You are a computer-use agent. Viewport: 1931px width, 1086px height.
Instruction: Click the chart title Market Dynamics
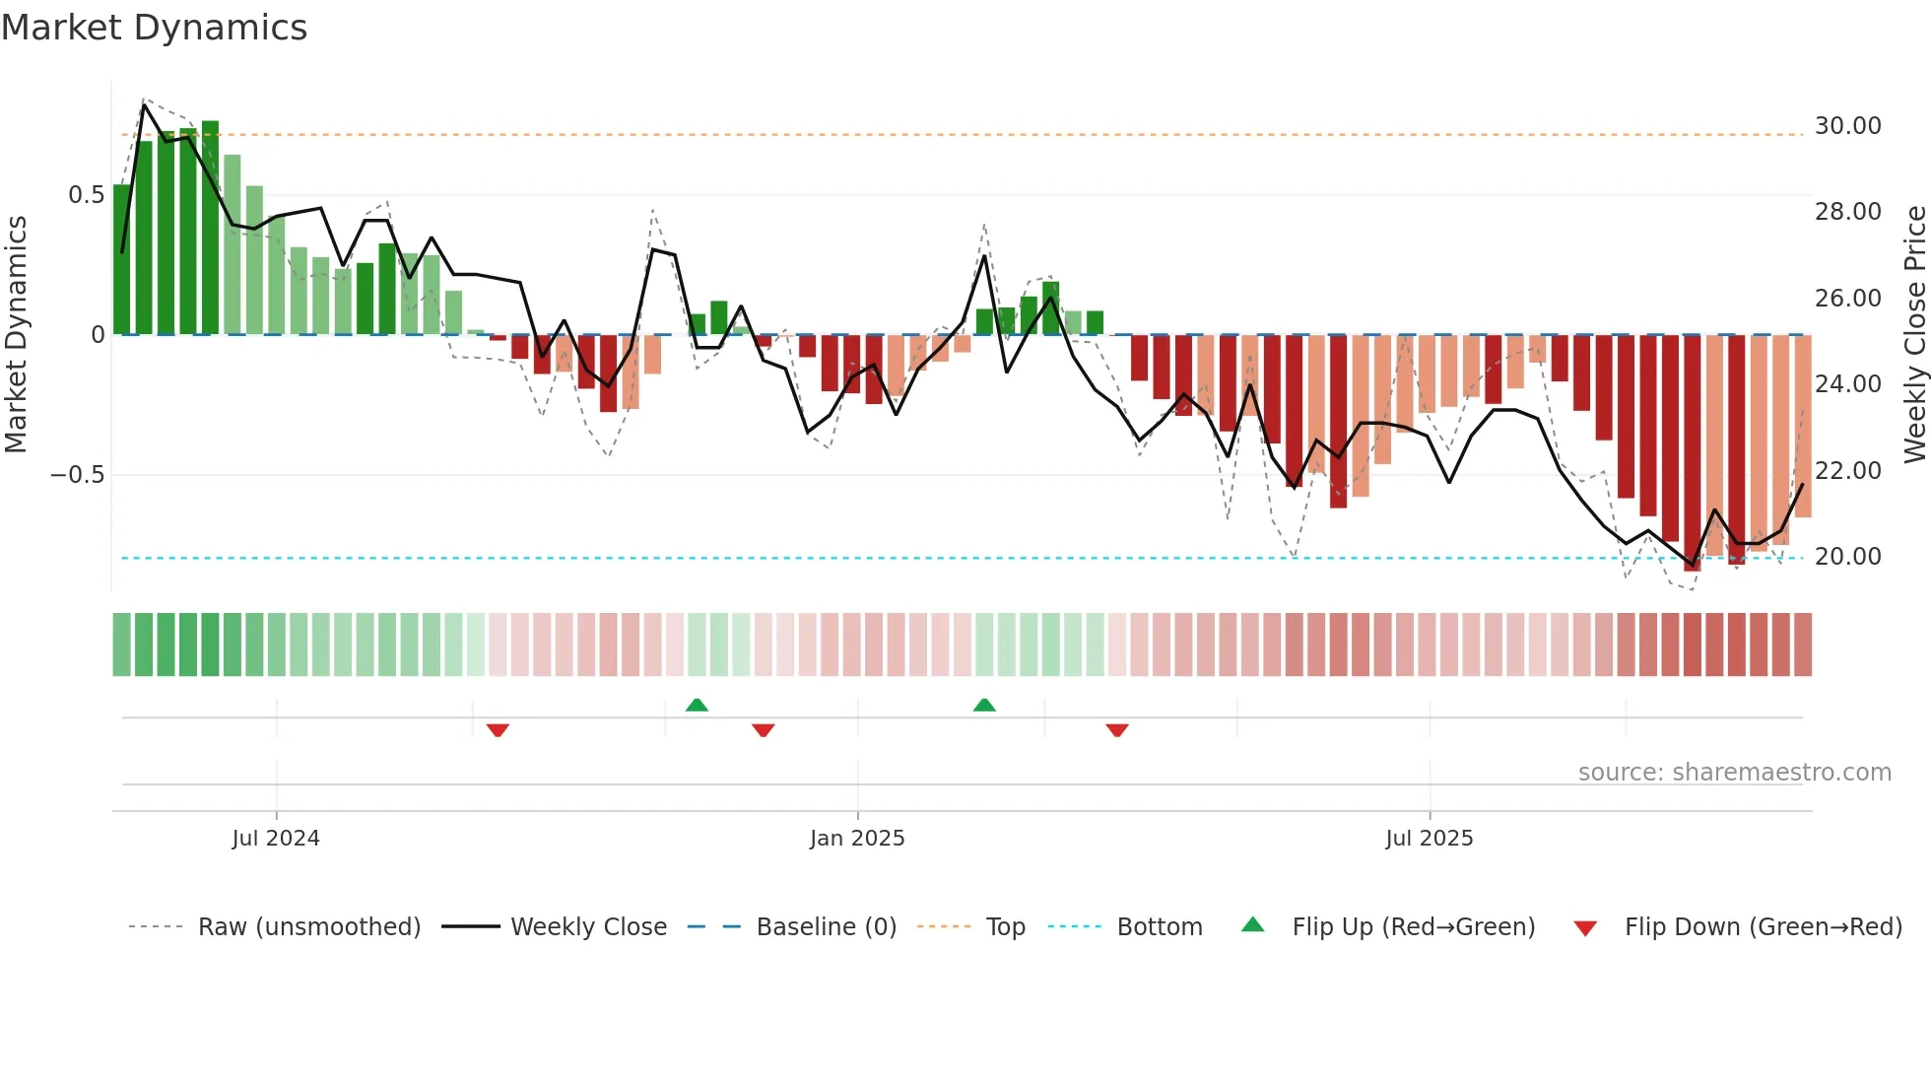click(x=154, y=28)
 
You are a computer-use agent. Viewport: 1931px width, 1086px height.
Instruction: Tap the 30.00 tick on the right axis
click(x=1847, y=126)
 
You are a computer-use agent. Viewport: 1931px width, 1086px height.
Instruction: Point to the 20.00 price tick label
click(x=1847, y=557)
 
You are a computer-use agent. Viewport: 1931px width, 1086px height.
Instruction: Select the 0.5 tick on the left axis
click(x=86, y=195)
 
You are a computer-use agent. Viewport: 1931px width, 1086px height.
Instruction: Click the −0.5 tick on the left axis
click(x=78, y=475)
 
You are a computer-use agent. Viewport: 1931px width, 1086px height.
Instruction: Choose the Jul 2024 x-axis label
click(x=276, y=839)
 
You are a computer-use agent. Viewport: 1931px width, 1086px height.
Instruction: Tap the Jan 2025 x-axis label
click(x=857, y=839)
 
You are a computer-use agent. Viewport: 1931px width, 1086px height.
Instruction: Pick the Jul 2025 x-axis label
click(x=1429, y=839)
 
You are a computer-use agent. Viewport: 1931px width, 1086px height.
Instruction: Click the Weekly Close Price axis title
click(x=1914, y=335)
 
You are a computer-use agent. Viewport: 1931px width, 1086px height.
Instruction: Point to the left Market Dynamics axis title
click(x=16, y=335)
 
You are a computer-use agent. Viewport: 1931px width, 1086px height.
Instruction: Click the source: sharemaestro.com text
click(x=1734, y=773)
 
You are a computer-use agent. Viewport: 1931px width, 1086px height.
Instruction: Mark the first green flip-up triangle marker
click(x=697, y=706)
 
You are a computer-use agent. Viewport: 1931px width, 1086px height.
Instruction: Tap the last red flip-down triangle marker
click(x=1116, y=730)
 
